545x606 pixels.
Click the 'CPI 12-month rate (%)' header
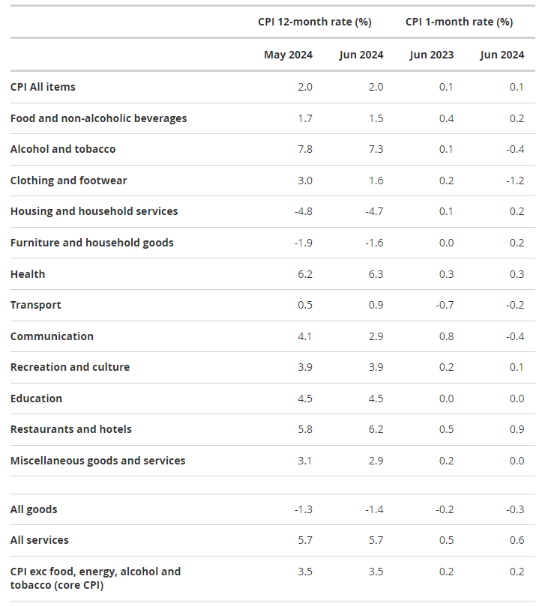tap(314, 22)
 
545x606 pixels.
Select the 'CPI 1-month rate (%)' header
tap(459, 22)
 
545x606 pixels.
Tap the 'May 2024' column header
tap(288, 55)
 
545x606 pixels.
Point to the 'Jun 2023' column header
tap(432, 55)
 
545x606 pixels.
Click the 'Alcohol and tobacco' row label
tap(63, 149)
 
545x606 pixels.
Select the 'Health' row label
tap(28, 274)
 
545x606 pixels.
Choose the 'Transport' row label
tap(35, 305)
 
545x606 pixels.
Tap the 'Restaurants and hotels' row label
tap(71, 429)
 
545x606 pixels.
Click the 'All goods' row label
tap(34, 509)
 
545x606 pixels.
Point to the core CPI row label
tap(95, 578)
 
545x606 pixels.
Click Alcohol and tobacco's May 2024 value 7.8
tap(305, 149)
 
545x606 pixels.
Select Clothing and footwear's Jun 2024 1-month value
tap(515, 181)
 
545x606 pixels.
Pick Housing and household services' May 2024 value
tap(304, 211)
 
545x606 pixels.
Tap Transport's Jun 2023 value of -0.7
tap(445, 305)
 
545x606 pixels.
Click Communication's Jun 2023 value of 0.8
tap(446, 336)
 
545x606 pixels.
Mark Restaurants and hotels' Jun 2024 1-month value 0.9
tap(517, 429)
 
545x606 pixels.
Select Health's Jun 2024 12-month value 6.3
tap(376, 274)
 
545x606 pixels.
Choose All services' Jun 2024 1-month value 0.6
tap(517, 540)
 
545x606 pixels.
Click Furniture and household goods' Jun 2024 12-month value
tap(374, 243)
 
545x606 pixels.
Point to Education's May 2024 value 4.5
tap(305, 399)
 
